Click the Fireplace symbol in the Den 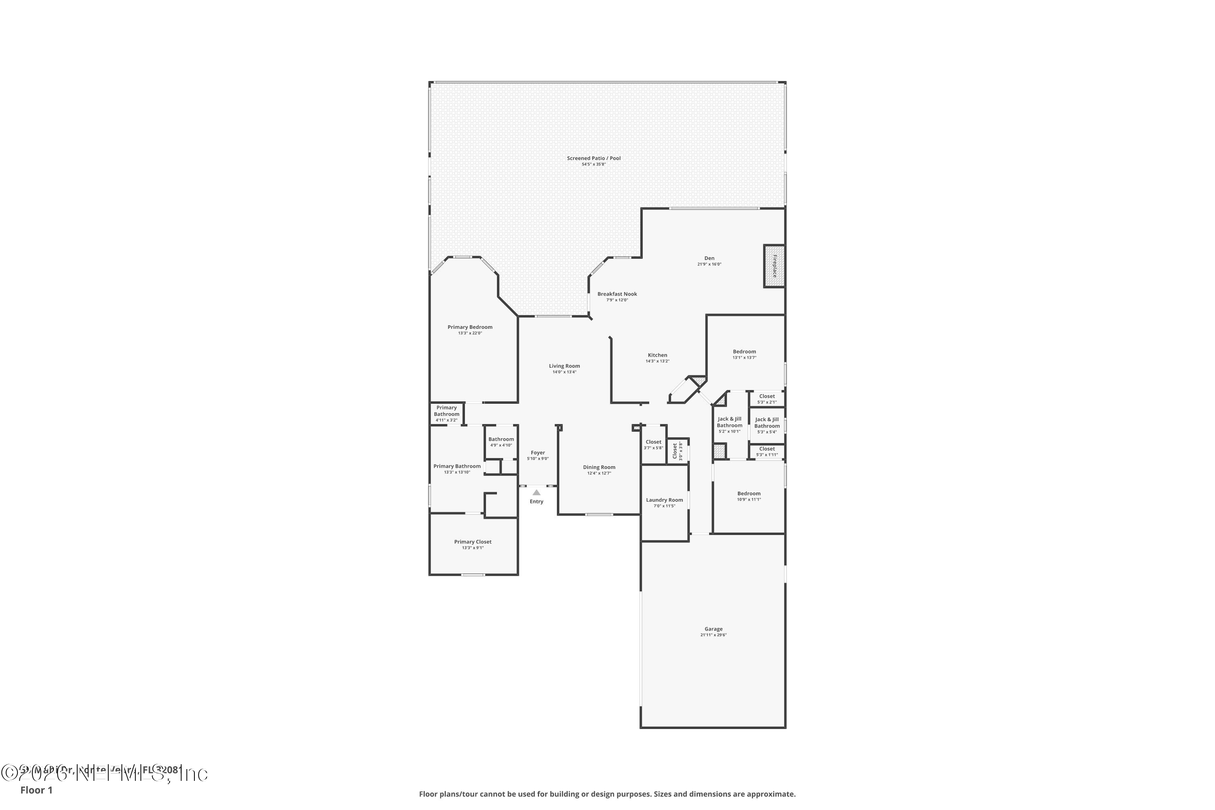pyautogui.click(x=774, y=266)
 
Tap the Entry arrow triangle pyautogui.click(x=536, y=492)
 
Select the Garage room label pyautogui.click(x=713, y=629)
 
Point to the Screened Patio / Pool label pyautogui.click(x=594, y=158)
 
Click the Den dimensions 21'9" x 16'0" pyautogui.click(x=709, y=264)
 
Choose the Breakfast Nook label pyautogui.click(x=617, y=294)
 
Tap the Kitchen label pyautogui.click(x=658, y=355)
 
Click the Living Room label pyautogui.click(x=564, y=366)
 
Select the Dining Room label pyautogui.click(x=599, y=467)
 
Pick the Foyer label pyautogui.click(x=538, y=452)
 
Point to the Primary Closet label pyautogui.click(x=473, y=541)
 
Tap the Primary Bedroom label pyautogui.click(x=469, y=327)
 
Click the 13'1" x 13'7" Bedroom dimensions pyautogui.click(x=744, y=358)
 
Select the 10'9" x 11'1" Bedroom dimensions pyautogui.click(x=749, y=499)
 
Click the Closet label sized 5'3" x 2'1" pyautogui.click(x=767, y=396)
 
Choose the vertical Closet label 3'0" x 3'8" pyautogui.click(x=675, y=450)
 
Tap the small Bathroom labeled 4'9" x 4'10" pyautogui.click(x=501, y=439)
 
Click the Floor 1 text pyautogui.click(x=36, y=790)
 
